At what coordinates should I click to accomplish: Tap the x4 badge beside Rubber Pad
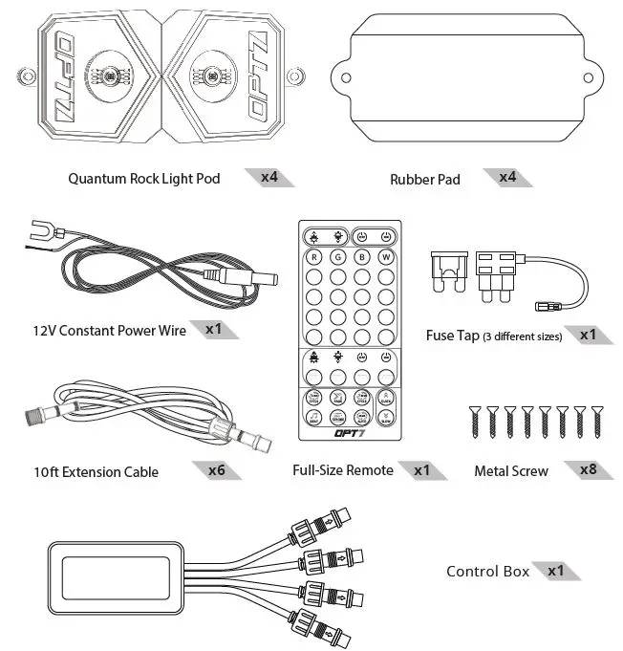503,177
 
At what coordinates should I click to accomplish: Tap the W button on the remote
386,257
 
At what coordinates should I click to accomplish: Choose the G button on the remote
337,257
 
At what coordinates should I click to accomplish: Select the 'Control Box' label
487,571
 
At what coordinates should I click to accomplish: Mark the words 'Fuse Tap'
452,336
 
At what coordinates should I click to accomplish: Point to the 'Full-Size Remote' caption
343,470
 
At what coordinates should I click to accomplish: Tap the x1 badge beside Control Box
560,571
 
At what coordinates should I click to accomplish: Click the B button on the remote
362,257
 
